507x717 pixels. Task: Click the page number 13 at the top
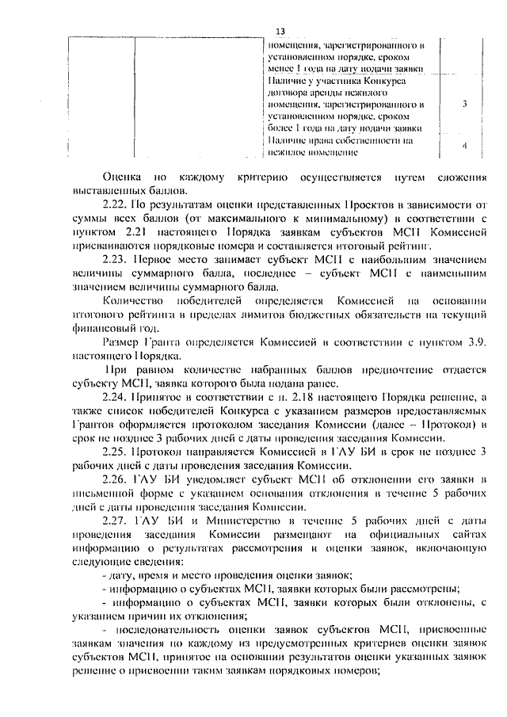pyautogui.click(x=280, y=31)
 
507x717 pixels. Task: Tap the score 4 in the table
pyautogui.click(x=464, y=146)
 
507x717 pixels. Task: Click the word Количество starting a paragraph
pyautogui.click(x=134, y=301)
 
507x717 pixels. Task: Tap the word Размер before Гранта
pyautogui.click(x=121, y=341)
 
